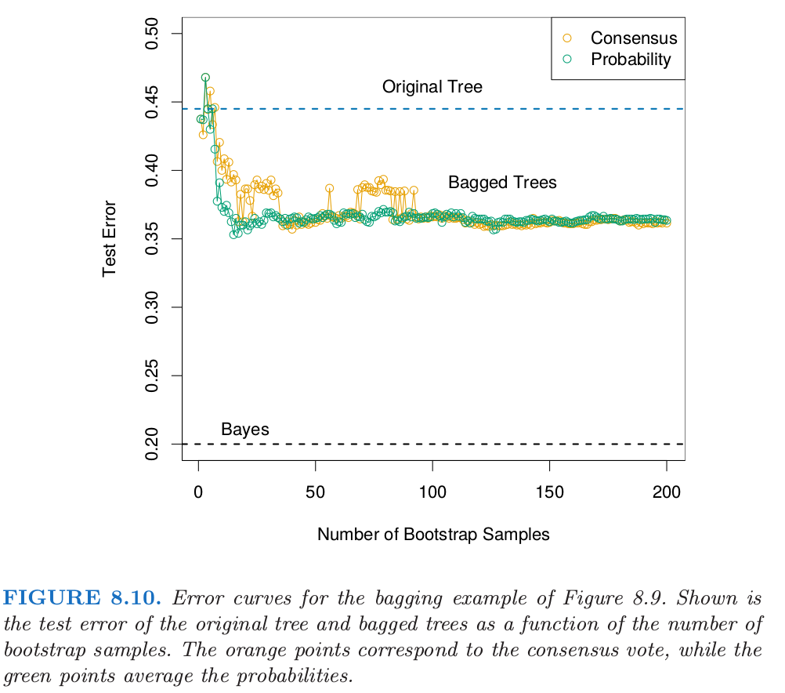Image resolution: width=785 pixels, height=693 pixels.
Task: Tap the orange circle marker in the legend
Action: tap(568, 38)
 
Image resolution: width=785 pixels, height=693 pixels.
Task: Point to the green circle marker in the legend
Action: tap(568, 59)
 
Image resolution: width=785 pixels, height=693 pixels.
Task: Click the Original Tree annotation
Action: tap(432, 87)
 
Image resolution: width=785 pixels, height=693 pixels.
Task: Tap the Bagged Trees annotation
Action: tap(502, 183)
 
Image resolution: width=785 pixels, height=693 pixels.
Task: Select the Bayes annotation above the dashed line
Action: tap(245, 430)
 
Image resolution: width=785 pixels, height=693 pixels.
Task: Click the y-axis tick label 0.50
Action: tap(153, 33)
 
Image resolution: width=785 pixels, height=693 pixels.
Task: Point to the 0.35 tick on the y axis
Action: tap(153, 238)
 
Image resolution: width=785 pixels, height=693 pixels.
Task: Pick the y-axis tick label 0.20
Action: tap(153, 444)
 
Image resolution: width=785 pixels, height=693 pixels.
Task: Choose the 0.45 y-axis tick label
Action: tap(153, 101)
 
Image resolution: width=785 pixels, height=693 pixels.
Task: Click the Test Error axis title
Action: tap(110, 238)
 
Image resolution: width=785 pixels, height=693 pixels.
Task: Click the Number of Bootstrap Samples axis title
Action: tap(433, 535)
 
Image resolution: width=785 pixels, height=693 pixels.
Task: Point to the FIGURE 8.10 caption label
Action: tap(82, 600)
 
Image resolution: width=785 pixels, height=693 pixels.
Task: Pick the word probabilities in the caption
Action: tap(298, 676)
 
